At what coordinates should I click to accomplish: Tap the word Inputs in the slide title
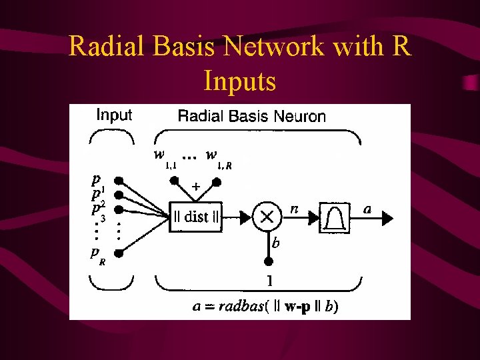(x=240, y=81)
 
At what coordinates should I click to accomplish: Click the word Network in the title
(x=278, y=47)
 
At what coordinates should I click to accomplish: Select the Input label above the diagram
(x=114, y=115)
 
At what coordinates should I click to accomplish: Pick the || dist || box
(x=195, y=216)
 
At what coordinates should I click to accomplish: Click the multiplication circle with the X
(x=267, y=216)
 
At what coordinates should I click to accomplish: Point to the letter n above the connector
(x=294, y=208)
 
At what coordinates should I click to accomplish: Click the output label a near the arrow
(x=367, y=209)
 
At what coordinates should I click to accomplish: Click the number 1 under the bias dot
(x=269, y=280)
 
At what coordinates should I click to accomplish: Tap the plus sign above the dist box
(x=196, y=188)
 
